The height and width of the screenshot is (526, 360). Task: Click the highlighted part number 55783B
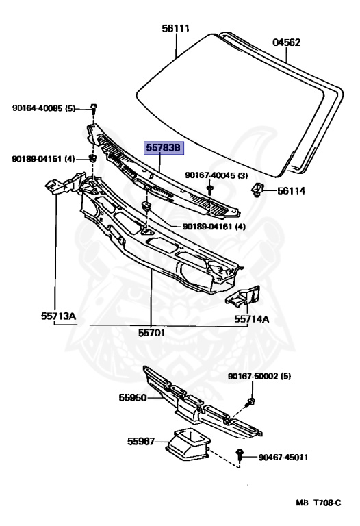click(x=164, y=148)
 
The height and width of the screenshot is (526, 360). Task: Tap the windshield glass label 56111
click(x=176, y=29)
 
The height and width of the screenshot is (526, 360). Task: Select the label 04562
click(x=286, y=42)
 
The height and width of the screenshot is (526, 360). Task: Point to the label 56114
click(x=291, y=191)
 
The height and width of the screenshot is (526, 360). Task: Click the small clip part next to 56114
click(x=257, y=190)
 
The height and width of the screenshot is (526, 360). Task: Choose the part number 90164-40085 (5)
click(x=44, y=108)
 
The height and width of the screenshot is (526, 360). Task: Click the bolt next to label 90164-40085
click(x=94, y=108)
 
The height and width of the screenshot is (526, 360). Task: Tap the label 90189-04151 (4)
click(x=43, y=159)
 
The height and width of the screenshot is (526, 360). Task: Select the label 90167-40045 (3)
click(x=216, y=175)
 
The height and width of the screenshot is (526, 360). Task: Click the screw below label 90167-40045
click(x=210, y=190)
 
